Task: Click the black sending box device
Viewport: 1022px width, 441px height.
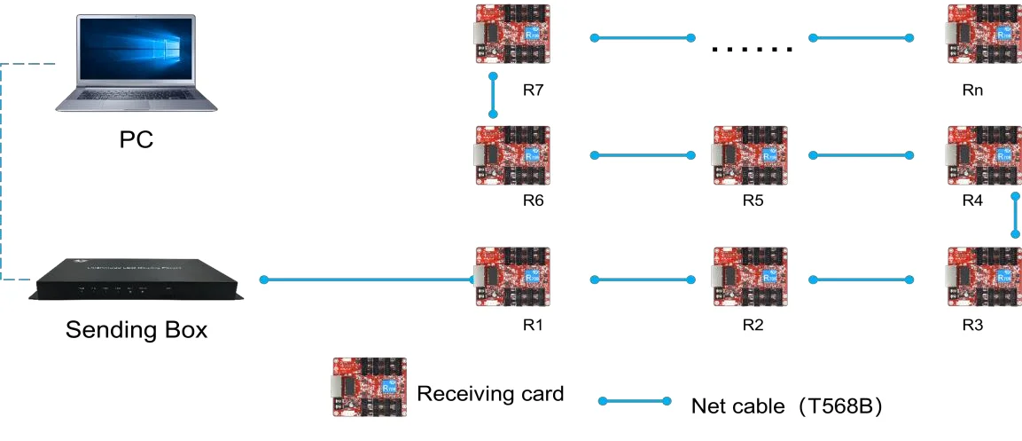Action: (137, 280)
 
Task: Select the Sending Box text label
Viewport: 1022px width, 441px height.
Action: (137, 331)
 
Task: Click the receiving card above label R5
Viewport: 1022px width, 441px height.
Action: (750, 156)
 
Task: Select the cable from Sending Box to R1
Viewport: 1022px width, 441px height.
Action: (369, 280)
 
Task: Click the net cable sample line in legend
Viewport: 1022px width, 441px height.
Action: (635, 401)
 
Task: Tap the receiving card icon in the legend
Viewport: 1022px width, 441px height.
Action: (369, 388)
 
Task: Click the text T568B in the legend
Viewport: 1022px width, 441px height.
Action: (839, 406)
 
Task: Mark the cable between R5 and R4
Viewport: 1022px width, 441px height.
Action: (860, 155)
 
